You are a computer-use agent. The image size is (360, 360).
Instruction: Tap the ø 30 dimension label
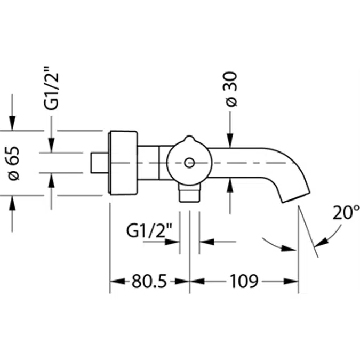[x=230, y=94]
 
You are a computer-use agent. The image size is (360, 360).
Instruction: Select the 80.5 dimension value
[x=150, y=281]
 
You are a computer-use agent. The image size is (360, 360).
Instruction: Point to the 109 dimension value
[x=244, y=281]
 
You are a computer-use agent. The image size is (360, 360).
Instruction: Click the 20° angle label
[x=346, y=213]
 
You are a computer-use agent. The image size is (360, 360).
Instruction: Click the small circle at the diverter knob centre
[x=189, y=163]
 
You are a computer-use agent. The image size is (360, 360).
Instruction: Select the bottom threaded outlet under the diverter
[x=189, y=193]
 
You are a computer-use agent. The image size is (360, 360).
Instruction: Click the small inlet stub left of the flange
[x=99, y=163]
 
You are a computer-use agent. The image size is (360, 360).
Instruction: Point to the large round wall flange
[x=123, y=163]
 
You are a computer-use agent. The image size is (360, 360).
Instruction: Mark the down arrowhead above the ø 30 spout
[x=230, y=141]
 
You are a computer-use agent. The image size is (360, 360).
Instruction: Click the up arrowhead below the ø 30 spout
[x=230, y=185]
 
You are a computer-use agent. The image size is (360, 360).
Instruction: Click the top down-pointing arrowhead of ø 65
[x=12, y=125]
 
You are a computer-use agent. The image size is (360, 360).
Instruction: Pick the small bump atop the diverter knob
[x=189, y=140]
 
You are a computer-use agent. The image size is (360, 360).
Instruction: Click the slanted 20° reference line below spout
[x=308, y=233]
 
